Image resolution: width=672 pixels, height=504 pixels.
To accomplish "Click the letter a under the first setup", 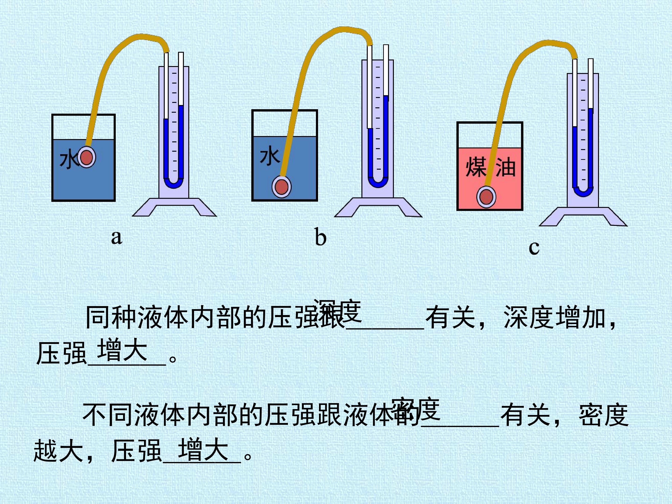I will pos(117,237).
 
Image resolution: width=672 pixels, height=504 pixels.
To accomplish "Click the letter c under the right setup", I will pos(534,248).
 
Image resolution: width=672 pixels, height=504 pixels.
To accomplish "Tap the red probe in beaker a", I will pos(87,158).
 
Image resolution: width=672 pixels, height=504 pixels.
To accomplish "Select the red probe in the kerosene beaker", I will pos(486,197).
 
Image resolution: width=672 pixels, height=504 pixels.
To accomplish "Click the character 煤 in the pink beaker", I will pos(476,167).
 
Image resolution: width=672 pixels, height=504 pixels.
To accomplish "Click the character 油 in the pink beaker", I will pos(506,167).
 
